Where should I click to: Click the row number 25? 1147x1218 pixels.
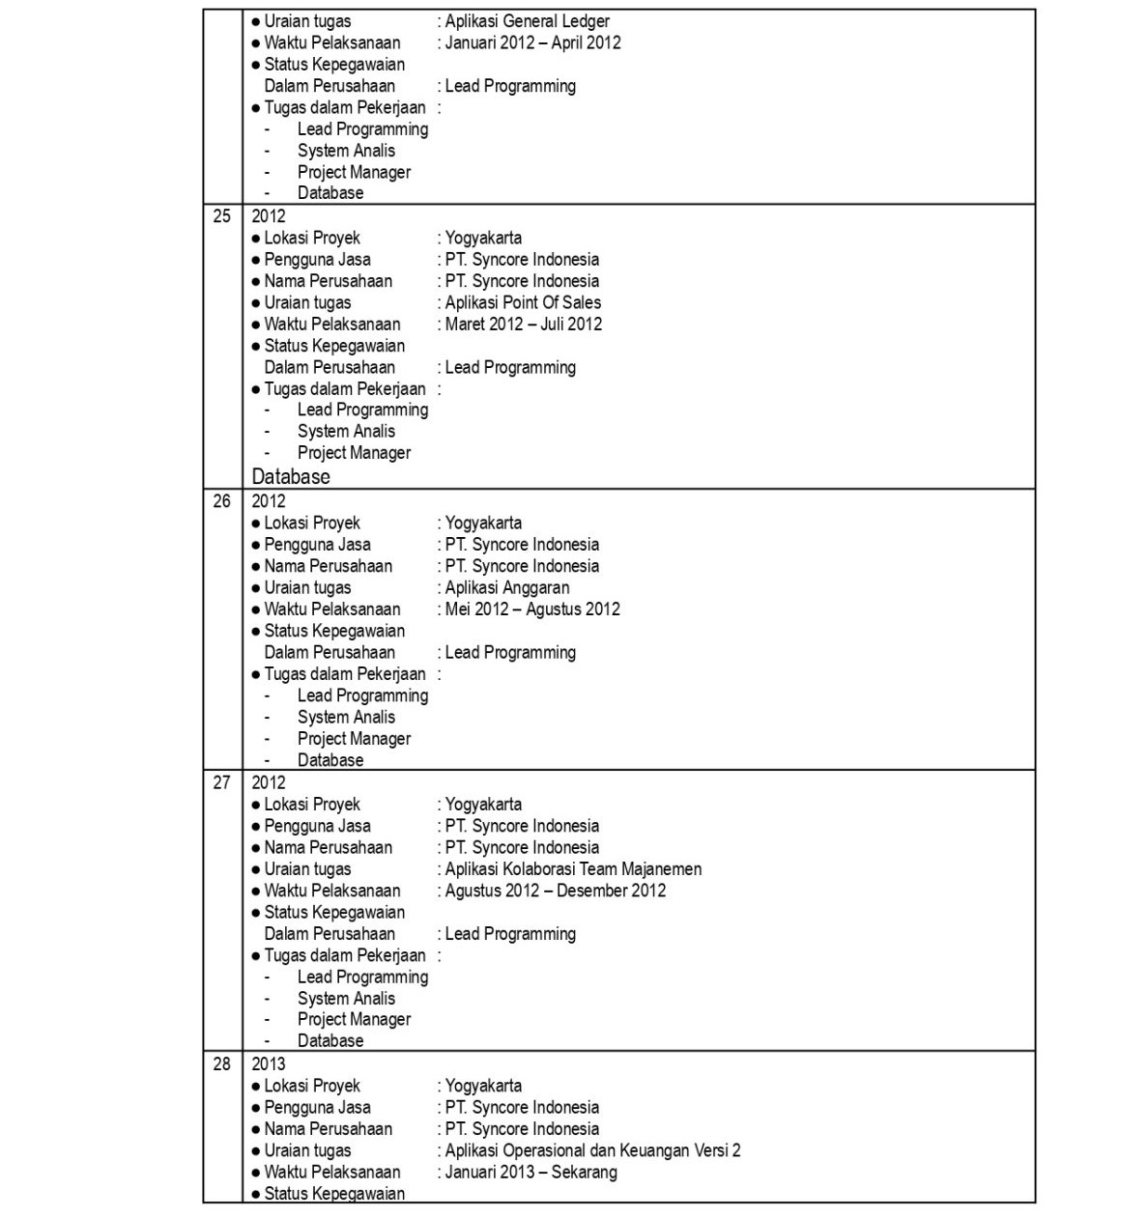(x=222, y=216)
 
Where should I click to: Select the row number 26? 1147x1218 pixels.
(x=222, y=501)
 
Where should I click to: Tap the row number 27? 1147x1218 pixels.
(x=222, y=782)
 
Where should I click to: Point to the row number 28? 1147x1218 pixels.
(x=222, y=1063)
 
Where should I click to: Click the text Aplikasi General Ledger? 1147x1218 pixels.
(x=527, y=21)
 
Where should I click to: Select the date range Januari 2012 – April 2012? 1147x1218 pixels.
(x=532, y=42)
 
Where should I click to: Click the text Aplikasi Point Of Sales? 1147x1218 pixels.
(x=523, y=302)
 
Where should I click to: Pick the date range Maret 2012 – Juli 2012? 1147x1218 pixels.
(x=523, y=324)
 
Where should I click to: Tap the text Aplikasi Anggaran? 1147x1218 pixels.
(x=507, y=587)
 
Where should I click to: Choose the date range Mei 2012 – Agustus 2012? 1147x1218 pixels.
(x=532, y=609)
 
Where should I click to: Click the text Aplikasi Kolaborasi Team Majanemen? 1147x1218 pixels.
(x=573, y=869)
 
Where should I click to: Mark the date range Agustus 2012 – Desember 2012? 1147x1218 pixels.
(x=555, y=891)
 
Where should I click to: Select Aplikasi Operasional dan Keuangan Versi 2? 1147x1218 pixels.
(x=592, y=1150)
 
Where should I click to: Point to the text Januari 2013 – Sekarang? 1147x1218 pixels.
(x=530, y=1172)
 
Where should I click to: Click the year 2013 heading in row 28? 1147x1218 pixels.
(x=269, y=1063)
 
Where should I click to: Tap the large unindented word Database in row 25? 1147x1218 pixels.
(x=291, y=477)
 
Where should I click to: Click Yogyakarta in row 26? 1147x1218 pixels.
(x=483, y=523)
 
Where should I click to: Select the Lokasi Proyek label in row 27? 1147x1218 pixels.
(x=311, y=804)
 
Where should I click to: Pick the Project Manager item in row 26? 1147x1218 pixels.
(x=354, y=739)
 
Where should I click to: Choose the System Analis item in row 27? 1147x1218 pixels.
(x=346, y=999)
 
